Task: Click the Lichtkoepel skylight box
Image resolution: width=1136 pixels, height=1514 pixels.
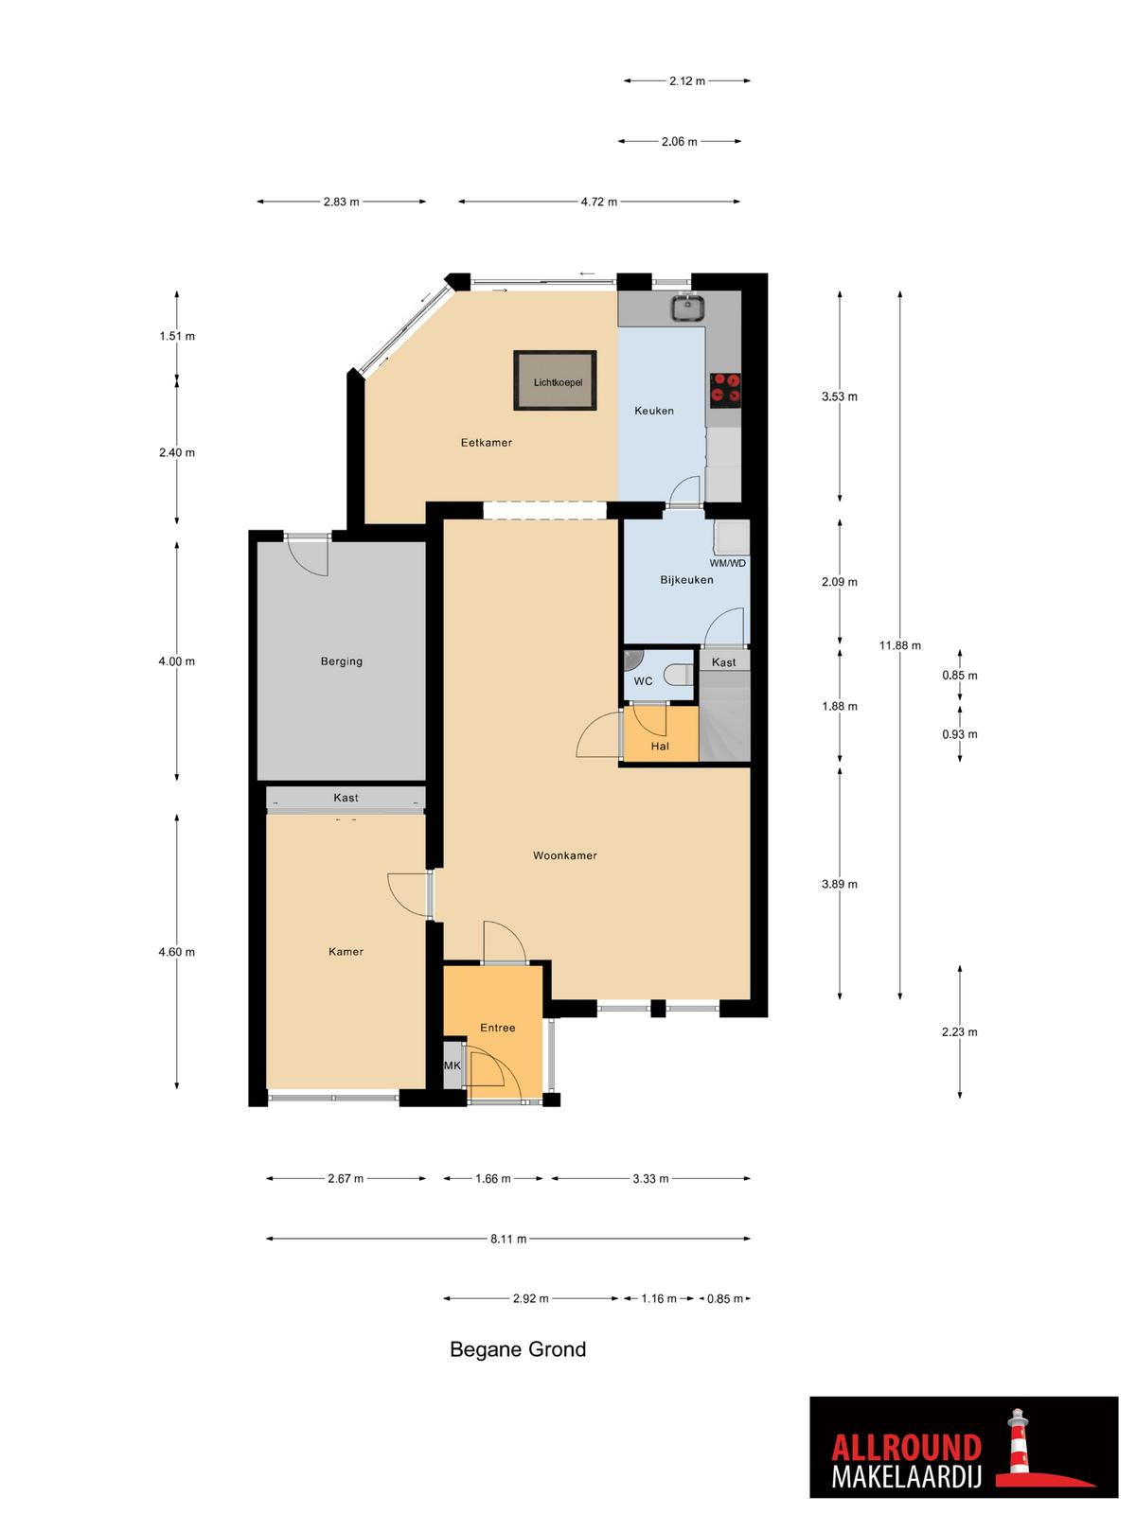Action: click(555, 380)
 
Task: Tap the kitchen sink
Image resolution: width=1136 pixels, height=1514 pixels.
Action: click(687, 307)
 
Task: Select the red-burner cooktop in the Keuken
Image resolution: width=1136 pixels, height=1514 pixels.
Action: click(725, 388)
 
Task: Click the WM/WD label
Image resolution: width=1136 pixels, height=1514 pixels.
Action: click(728, 563)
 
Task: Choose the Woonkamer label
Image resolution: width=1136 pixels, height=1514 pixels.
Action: click(564, 855)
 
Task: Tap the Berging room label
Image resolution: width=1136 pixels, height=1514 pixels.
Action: click(342, 661)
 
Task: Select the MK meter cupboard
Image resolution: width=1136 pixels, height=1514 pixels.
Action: click(453, 1065)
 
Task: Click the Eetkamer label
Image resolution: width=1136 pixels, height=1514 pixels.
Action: click(487, 443)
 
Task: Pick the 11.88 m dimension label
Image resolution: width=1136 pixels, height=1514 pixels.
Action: click(899, 645)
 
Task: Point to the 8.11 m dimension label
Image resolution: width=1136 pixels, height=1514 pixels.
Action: click(508, 1239)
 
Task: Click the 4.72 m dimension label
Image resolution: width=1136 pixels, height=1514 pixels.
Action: click(598, 202)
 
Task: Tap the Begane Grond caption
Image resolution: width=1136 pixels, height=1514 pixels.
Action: click(517, 1349)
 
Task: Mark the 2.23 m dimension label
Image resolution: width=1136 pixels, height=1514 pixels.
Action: click(959, 1031)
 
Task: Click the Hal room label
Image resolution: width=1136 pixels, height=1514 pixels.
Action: click(660, 747)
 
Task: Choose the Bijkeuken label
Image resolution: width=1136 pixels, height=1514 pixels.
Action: click(686, 580)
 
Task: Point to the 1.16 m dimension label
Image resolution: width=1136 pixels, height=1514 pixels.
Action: click(658, 1299)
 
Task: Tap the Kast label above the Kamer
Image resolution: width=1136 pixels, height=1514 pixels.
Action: click(346, 798)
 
